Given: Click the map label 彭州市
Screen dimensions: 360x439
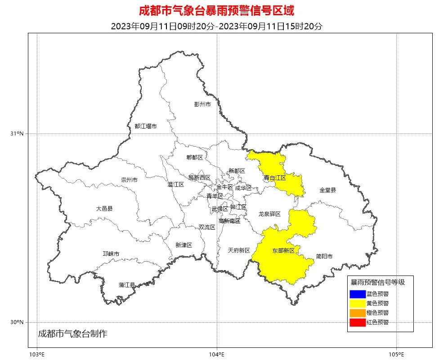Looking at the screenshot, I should point(202,104).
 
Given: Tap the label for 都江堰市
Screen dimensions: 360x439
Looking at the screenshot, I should point(146,126).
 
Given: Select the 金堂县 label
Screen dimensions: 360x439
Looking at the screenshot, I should point(327,190).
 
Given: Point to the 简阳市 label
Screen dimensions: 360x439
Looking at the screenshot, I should point(324,257).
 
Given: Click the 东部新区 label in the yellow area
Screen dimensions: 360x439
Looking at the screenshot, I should point(283,250).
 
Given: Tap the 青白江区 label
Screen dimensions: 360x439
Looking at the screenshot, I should point(275,178).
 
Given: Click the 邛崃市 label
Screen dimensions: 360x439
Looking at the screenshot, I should point(111,254).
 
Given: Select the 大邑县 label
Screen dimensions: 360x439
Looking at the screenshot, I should point(104,209).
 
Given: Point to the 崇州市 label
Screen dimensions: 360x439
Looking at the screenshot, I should point(129,180).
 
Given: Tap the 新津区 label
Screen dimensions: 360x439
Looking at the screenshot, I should point(184,245).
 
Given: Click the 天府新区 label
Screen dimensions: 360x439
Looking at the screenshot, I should point(239,250).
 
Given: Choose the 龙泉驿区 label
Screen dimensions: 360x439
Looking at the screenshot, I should point(269,214).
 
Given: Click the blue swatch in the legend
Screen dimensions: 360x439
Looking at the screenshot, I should point(357,294).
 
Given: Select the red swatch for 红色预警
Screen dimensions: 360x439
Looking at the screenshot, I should point(357,322).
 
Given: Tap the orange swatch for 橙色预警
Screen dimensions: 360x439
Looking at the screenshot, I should point(357,313).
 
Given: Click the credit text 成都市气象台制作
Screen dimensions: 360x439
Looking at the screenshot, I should point(73,333).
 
